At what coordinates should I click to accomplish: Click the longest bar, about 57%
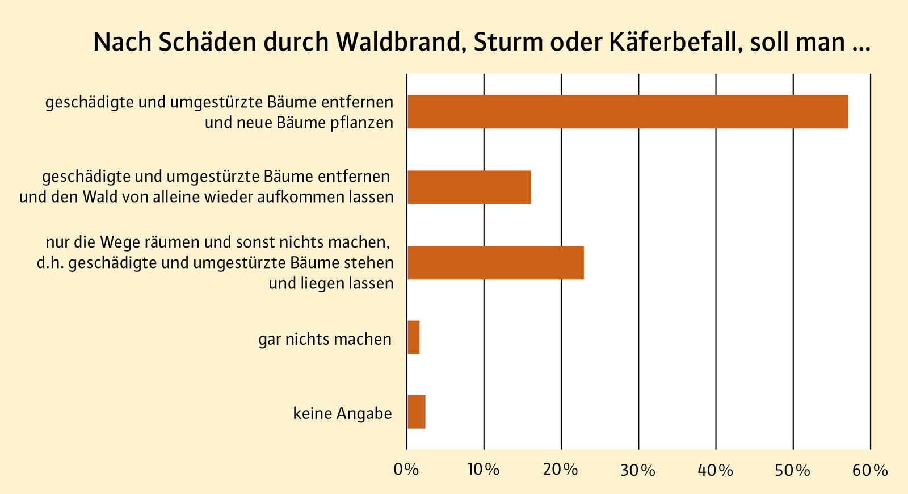(628, 112)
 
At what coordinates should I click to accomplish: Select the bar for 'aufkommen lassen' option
(469, 187)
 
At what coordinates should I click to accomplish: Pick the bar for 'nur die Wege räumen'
(495, 262)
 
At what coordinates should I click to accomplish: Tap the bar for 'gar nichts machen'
(414, 337)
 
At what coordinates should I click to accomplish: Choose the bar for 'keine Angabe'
(417, 412)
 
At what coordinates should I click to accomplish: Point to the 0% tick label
(406, 470)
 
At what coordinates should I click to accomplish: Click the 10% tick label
(484, 470)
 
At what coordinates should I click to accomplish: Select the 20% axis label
(561, 470)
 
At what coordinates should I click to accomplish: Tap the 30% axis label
(639, 470)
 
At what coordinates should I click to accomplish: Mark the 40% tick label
(716, 470)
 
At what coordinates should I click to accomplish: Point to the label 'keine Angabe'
(342, 413)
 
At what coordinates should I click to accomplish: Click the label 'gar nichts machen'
(325, 340)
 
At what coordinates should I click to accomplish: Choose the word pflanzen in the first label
(361, 123)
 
